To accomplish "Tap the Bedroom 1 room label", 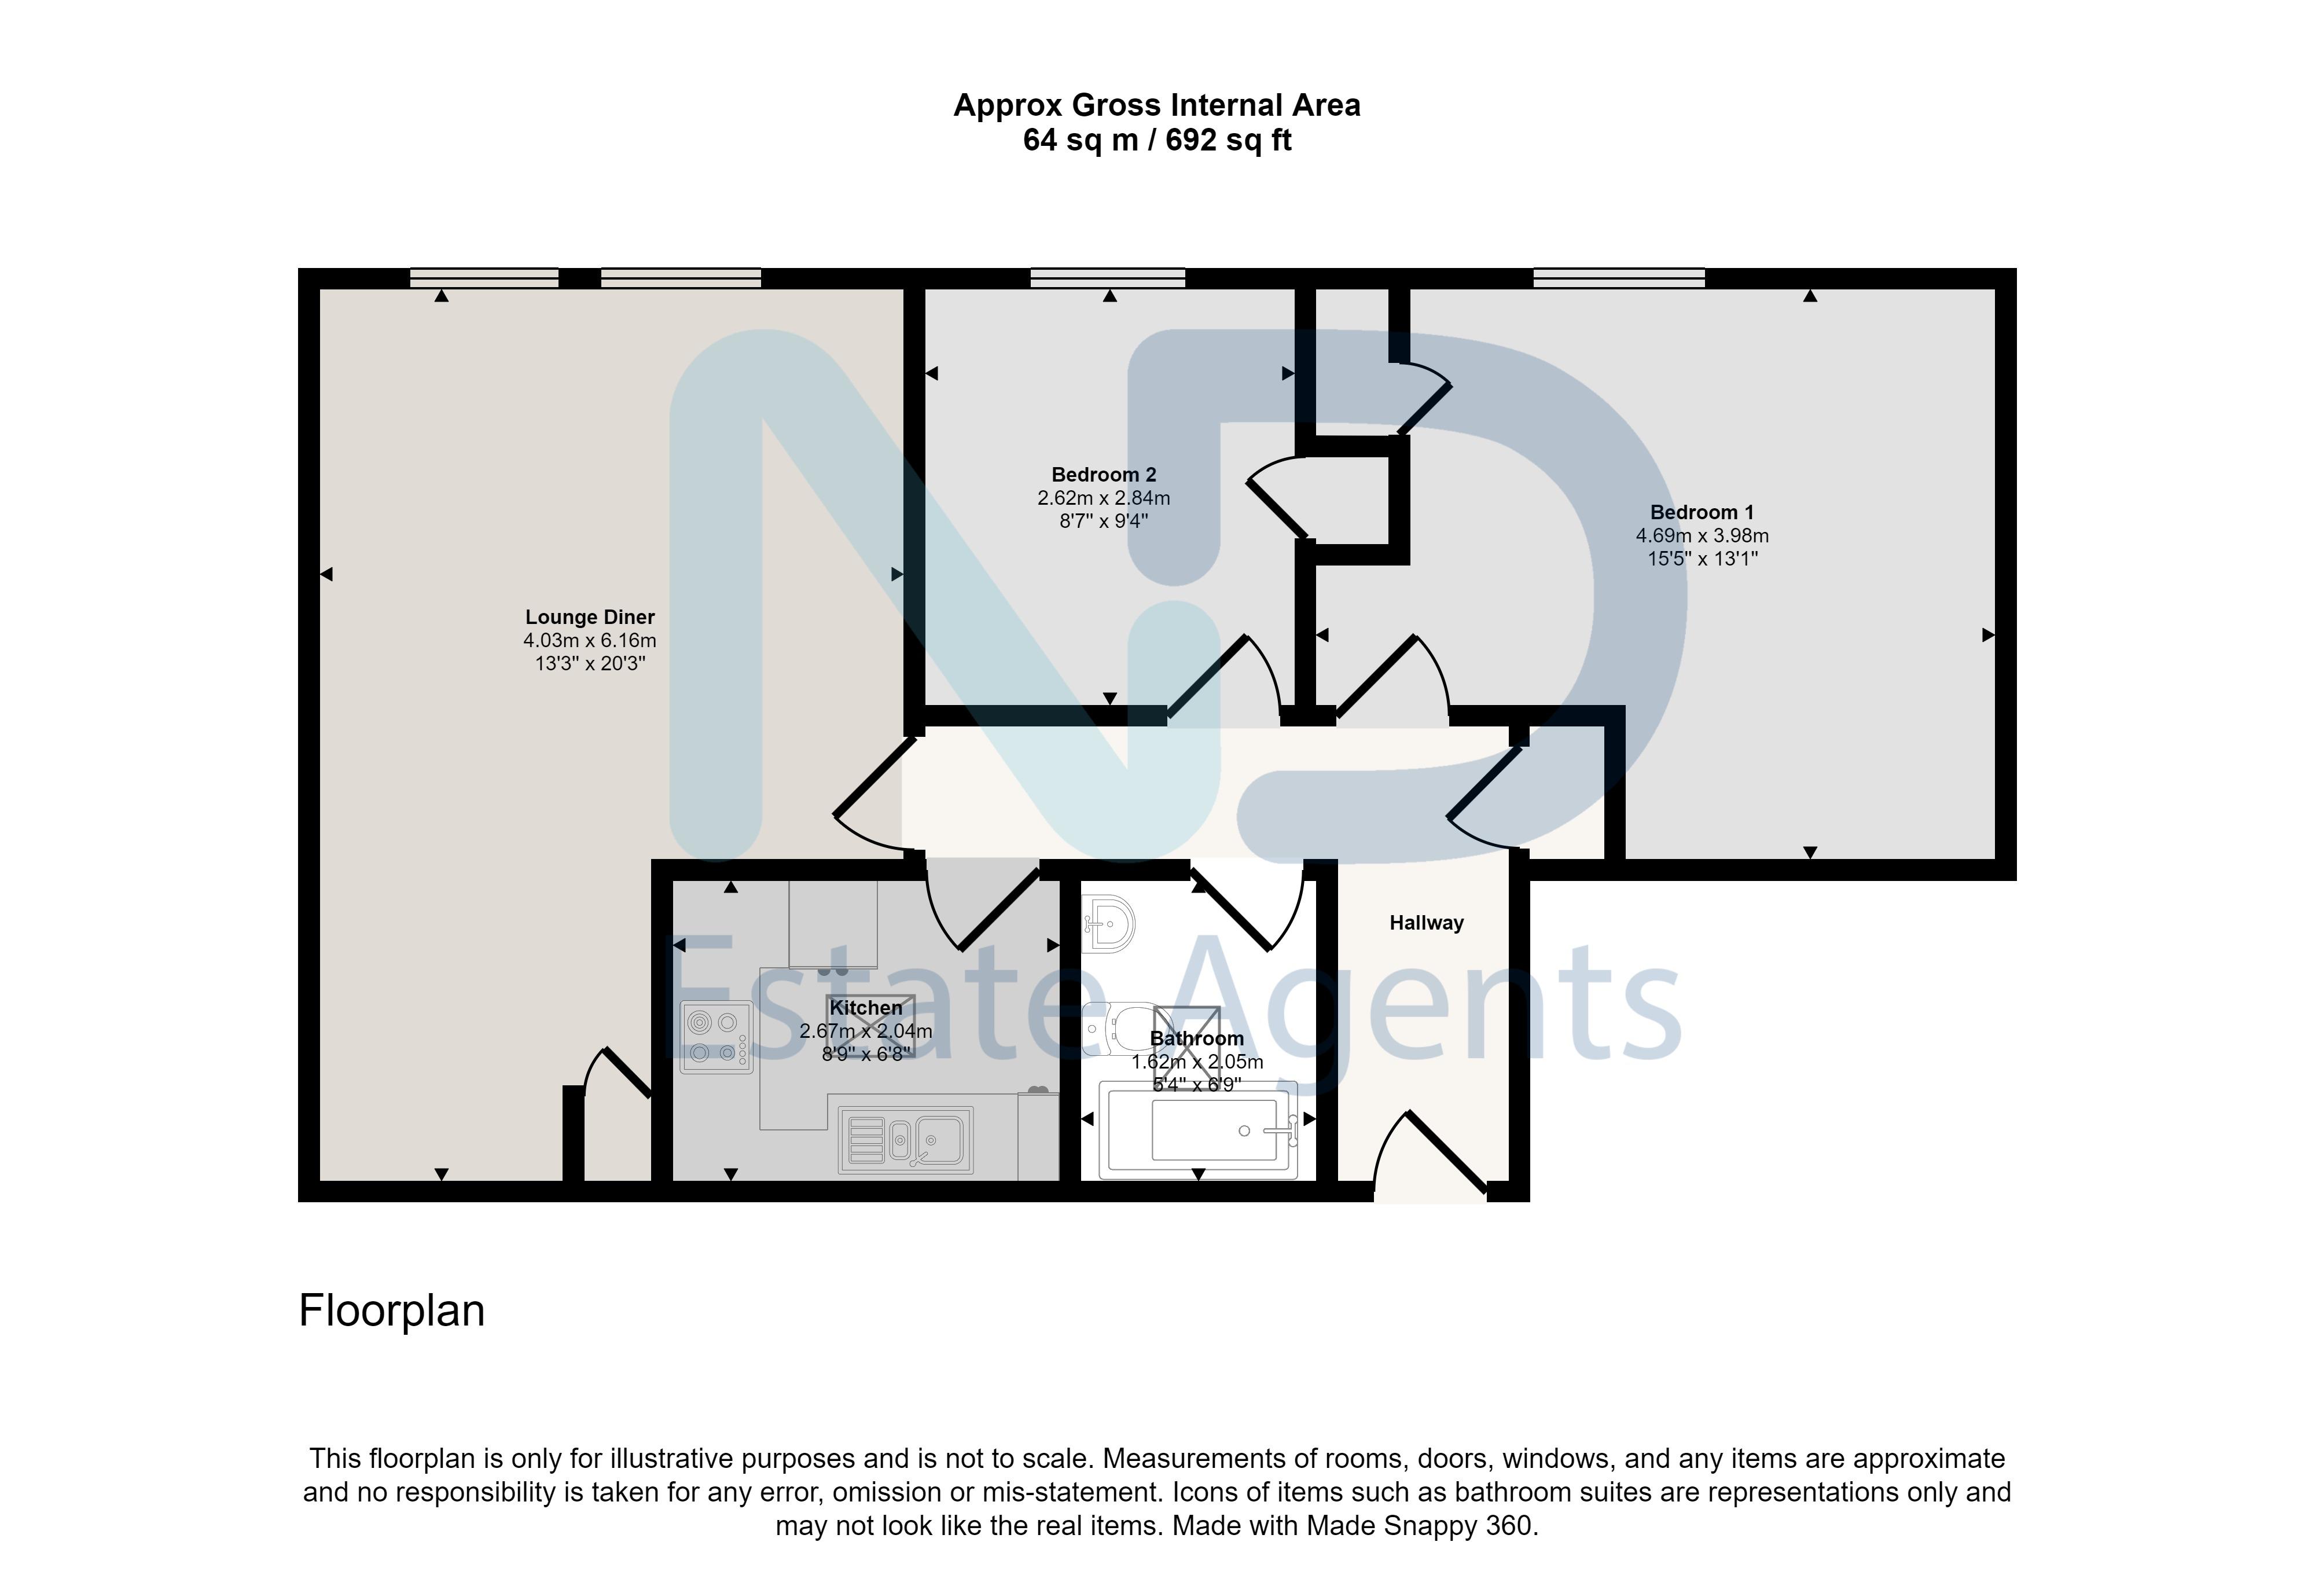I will coord(1702,512).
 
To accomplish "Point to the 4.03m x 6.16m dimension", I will coord(590,641).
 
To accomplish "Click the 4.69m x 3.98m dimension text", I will coord(1702,536).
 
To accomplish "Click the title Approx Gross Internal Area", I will coord(1156,105).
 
